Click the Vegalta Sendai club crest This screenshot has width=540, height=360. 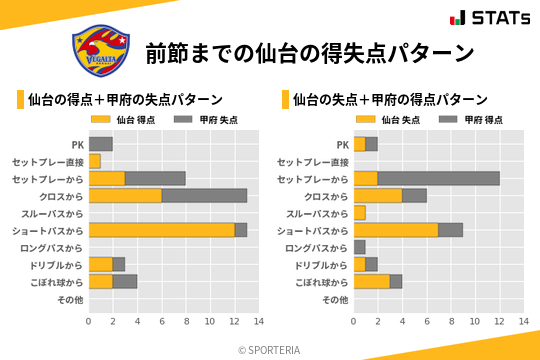pyautogui.click(x=100, y=51)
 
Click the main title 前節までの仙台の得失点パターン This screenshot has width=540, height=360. pyautogui.click(x=309, y=52)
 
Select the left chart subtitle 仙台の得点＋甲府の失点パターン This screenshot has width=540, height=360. pyautogui.click(x=125, y=100)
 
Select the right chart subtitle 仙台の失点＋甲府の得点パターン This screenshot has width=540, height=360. pyautogui.click(x=390, y=100)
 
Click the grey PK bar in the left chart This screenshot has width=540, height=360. pyautogui.click(x=100, y=144)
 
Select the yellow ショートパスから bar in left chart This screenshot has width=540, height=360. pyautogui.click(x=161, y=230)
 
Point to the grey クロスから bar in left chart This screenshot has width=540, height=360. pyautogui.click(x=204, y=195)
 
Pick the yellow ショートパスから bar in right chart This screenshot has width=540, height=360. pyautogui.click(x=395, y=230)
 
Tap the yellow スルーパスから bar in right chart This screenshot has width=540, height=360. pyautogui.click(x=359, y=213)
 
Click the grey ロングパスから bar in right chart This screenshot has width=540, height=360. pyautogui.click(x=359, y=247)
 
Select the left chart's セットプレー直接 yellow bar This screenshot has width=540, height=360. pyautogui.click(x=94, y=161)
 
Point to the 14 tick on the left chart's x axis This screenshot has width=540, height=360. pyautogui.click(x=258, y=321)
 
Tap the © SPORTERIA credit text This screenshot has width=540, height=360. pyautogui.click(x=269, y=350)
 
